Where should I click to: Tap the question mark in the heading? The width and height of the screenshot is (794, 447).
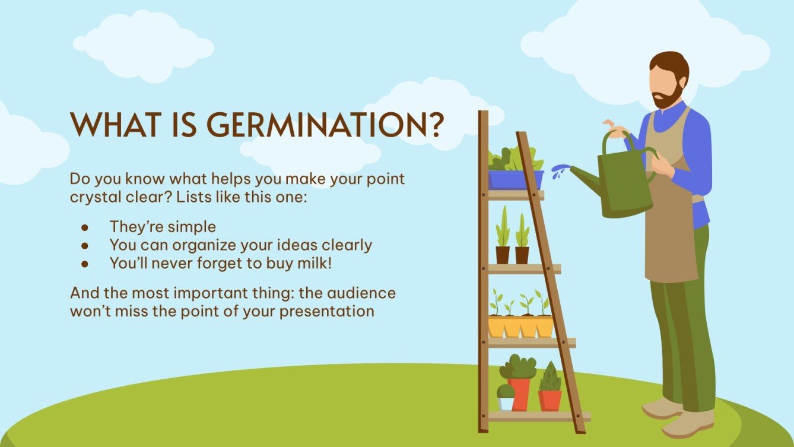click(x=435, y=124)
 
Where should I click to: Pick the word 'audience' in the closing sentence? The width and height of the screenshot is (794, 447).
click(x=361, y=293)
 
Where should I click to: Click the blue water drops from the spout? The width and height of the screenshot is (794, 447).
click(x=559, y=172)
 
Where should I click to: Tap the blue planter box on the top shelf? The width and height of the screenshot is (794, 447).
click(x=515, y=179)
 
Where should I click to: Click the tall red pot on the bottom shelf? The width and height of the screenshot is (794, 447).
click(x=520, y=393)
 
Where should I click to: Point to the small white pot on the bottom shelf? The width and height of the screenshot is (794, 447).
click(x=506, y=403)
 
